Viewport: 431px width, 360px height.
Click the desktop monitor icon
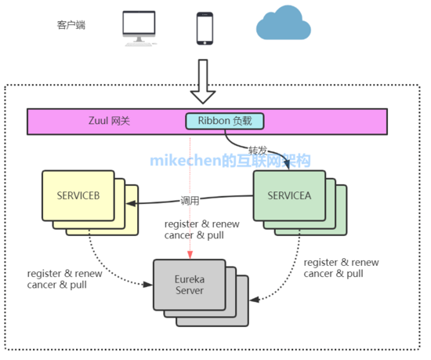point(139,28)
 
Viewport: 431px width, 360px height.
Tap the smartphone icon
point(205,28)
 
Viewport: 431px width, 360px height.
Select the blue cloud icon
point(284,23)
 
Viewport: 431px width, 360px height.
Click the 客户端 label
point(71,25)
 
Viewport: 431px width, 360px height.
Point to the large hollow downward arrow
point(203,82)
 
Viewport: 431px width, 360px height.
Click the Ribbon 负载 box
point(225,121)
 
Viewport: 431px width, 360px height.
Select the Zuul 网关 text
point(109,121)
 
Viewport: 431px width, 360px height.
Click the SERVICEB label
point(78,195)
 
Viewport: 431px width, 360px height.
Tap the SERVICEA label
point(289,195)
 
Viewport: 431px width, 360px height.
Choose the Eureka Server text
point(190,285)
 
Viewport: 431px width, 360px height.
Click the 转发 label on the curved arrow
point(258,151)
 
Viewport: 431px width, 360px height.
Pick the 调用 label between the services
point(190,201)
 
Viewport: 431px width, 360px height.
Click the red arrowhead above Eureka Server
point(190,255)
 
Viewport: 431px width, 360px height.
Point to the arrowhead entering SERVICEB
point(131,203)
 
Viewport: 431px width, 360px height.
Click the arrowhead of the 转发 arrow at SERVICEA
point(287,165)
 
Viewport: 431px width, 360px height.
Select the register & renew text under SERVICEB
point(64,274)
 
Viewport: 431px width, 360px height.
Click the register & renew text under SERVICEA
point(341,263)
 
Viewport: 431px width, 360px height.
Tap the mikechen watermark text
point(230,160)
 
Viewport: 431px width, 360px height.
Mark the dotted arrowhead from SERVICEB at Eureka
point(148,285)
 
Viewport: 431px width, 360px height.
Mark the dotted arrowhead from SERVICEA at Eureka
point(254,300)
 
